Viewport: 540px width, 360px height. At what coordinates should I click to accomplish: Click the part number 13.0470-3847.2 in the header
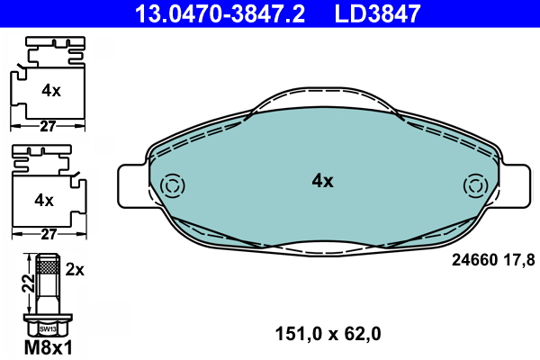[220, 13]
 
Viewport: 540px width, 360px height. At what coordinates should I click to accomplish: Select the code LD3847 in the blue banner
[377, 13]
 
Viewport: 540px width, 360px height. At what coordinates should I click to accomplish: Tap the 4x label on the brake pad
[323, 181]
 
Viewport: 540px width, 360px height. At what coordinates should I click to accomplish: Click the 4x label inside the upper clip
[51, 91]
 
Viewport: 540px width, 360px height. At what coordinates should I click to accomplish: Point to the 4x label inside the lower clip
[44, 200]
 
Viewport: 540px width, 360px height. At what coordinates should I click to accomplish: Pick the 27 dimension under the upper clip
[48, 126]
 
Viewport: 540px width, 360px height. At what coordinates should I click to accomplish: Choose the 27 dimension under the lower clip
[49, 234]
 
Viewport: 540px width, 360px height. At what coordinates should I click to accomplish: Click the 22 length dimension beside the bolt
[29, 283]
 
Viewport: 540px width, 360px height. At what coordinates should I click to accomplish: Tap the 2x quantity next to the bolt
[75, 270]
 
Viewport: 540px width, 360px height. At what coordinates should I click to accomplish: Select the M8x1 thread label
[49, 347]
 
